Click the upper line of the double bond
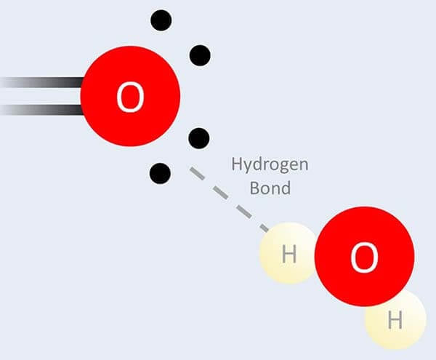pos(41,82)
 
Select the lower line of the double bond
pos(41,110)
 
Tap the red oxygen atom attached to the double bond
pos(130,96)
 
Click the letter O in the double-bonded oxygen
pos(130,97)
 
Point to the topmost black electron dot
pos(161,20)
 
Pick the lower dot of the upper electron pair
pos(200,55)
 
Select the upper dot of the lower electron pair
pos(199,138)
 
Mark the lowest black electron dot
pos(160,174)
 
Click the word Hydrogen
pos(270,164)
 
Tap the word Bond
pos(270,188)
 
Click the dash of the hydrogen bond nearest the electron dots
pos(197,173)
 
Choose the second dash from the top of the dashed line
pos(221,193)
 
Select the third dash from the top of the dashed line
pos(244,212)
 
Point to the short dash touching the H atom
pos(265,228)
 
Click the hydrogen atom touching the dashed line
pos(288,253)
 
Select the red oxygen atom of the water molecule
pos(365,256)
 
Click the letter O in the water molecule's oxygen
pos(364,257)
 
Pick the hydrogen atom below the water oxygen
pos(396,320)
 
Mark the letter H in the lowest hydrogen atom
pos(395,320)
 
